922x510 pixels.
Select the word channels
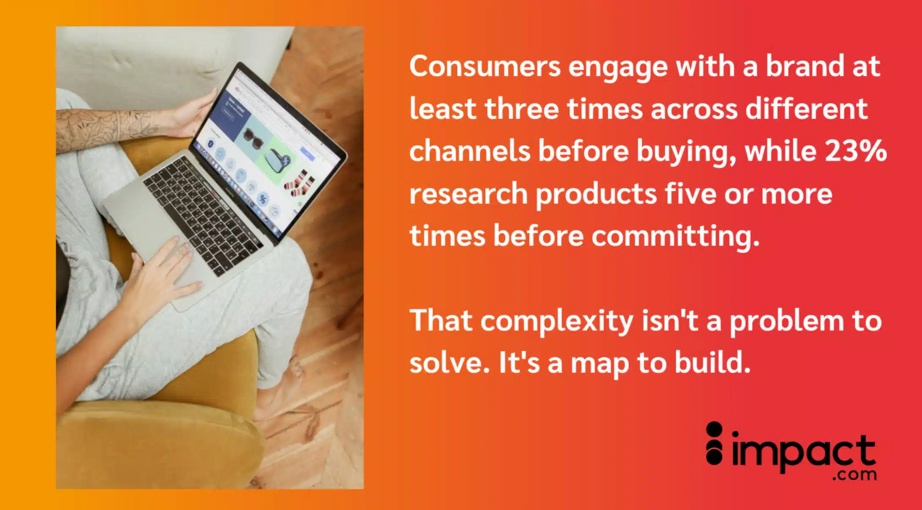coord(470,151)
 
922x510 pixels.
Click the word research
coord(469,194)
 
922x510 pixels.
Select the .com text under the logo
coord(854,475)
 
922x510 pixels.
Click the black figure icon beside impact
coord(714,443)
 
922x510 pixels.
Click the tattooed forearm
coord(106,127)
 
